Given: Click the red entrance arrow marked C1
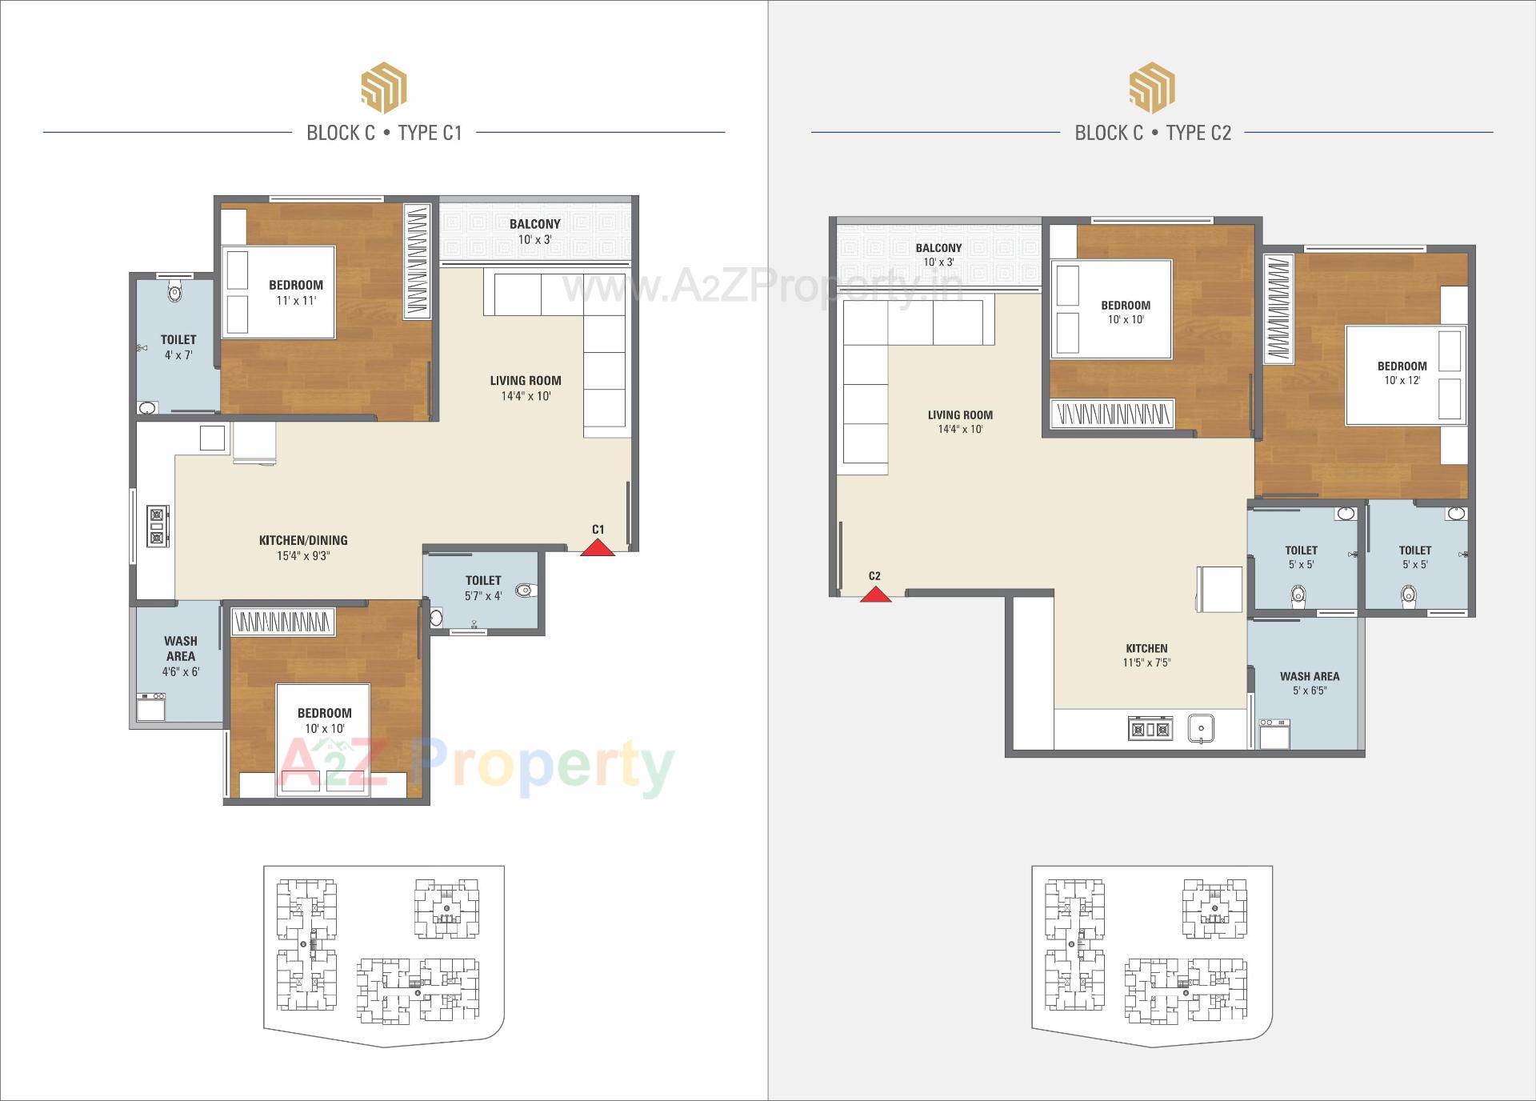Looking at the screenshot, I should click(598, 547).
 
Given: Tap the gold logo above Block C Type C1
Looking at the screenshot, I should click(384, 87).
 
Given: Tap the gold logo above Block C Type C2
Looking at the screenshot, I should click(1152, 87).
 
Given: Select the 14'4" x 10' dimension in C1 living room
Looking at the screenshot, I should click(526, 396).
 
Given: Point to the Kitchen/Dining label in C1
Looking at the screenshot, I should click(303, 541).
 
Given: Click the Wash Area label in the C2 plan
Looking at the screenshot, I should click(1310, 677).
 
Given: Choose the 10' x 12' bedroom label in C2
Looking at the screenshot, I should click(1402, 373).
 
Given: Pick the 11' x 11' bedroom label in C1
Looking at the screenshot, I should click(296, 293).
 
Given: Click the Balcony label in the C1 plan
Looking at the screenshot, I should click(535, 224).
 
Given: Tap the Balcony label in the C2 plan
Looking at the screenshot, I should click(938, 248).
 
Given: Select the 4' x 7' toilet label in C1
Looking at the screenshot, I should click(178, 347).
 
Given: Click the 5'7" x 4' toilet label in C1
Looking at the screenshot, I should click(483, 588).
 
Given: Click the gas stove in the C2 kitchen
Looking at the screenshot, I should click(1150, 729).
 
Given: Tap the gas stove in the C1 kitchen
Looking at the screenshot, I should click(158, 526).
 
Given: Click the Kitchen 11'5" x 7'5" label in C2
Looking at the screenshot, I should click(1146, 655).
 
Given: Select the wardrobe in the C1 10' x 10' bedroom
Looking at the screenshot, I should click(282, 622).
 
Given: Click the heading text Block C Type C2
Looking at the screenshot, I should click(1153, 133).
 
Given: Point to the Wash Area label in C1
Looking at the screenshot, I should click(181, 648).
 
